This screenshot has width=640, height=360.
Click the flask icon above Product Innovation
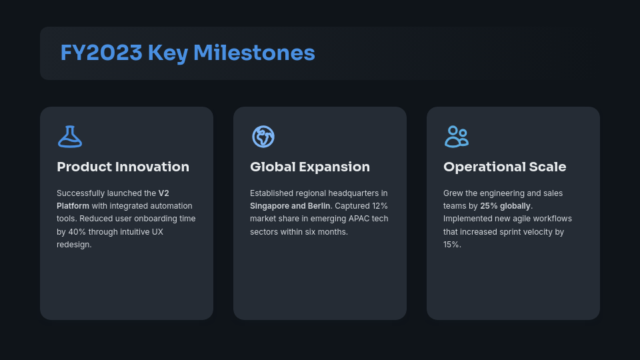tap(70, 137)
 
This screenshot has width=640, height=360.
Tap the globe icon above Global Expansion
tap(263, 137)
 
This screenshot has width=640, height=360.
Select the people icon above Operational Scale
tap(456, 137)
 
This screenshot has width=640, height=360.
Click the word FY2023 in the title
tap(101, 53)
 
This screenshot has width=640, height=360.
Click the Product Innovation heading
tap(123, 167)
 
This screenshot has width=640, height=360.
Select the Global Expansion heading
tap(309, 167)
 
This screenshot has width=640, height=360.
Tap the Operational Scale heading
tap(505, 167)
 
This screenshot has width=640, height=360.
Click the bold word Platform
tap(73, 206)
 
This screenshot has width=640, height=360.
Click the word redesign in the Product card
tap(73, 245)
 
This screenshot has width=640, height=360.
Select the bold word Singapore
tap(269, 206)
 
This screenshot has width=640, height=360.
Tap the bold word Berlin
tap(319, 206)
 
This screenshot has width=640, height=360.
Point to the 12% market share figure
tap(379, 206)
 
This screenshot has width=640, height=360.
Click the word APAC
tap(359, 219)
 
